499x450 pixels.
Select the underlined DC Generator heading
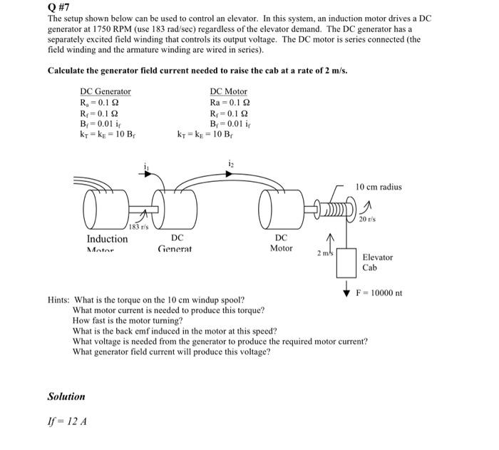[x=105, y=91]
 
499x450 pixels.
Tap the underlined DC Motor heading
[x=228, y=91]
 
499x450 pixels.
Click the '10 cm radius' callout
[x=378, y=187]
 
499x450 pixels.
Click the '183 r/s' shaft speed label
[x=138, y=226]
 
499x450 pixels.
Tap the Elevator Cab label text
[x=377, y=262]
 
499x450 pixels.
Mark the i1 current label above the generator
[x=147, y=168]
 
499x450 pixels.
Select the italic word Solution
[x=66, y=397]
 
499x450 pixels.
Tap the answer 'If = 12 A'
[x=67, y=421]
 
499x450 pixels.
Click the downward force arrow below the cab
[x=346, y=289]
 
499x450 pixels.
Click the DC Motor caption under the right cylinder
[x=281, y=242]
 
